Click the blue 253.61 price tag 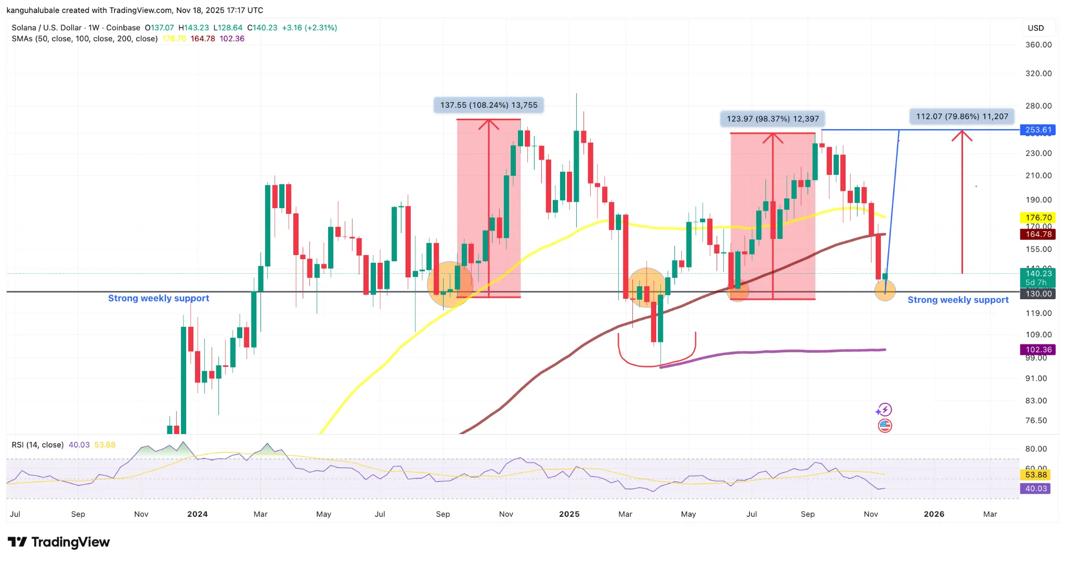pyautogui.click(x=1038, y=130)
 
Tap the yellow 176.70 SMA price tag pyautogui.click(x=1038, y=218)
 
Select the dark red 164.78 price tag pyautogui.click(x=1038, y=234)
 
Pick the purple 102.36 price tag pyautogui.click(x=1038, y=350)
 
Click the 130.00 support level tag pyautogui.click(x=1038, y=294)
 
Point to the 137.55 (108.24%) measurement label pyautogui.click(x=489, y=105)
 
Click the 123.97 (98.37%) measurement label pyautogui.click(x=772, y=119)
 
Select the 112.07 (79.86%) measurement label pyautogui.click(x=962, y=117)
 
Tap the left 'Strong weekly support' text pyautogui.click(x=159, y=298)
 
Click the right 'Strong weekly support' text pyautogui.click(x=958, y=300)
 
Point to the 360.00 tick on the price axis pyautogui.click(x=1038, y=45)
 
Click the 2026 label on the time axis pyautogui.click(x=934, y=514)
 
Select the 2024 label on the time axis pyautogui.click(x=198, y=514)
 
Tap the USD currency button pyautogui.click(x=1036, y=28)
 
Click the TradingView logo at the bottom pyautogui.click(x=59, y=542)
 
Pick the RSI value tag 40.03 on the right pyautogui.click(x=1035, y=489)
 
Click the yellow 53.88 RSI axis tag pyautogui.click(x=1035, y=475)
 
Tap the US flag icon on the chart pyautogui.click(x=885, y=426)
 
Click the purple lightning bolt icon pyautogui.click(x=884, y=410)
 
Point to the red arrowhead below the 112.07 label pyautogui.click(x=962, y=136)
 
